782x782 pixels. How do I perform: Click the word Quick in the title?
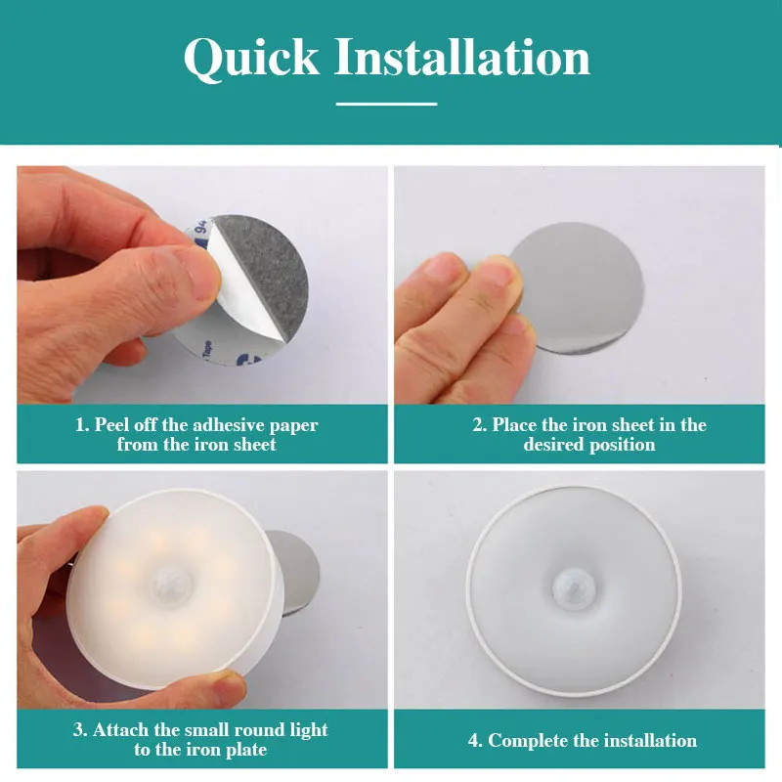click(x=251, y=58)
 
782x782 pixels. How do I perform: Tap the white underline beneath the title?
click(x=386, y=104)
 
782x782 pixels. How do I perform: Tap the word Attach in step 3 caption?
click(x=120, y=729)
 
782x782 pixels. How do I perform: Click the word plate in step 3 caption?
click(x=246, y=750)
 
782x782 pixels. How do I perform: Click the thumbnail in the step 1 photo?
click(x=199, y=272)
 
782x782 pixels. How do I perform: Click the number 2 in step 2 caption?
click(x=477, y=425)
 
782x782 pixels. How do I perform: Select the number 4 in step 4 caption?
click(x=473, y=741)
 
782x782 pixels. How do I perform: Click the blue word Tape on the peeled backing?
click(x=207, y=349)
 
